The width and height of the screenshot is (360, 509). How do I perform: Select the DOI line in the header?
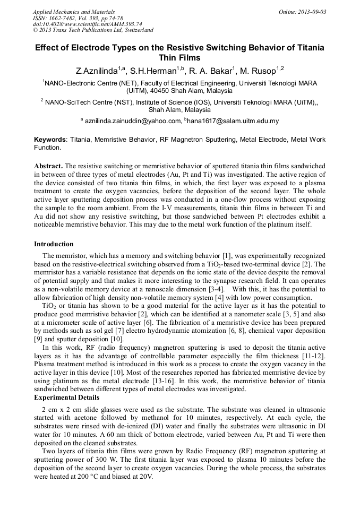pyautogui.click(x=87, y=24)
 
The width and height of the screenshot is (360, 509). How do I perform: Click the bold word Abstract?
pyautogui.click(x=49, y=166)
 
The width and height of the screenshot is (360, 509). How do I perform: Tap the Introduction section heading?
pyautogui.click(x=54, y=244)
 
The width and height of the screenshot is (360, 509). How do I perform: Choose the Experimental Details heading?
pyautogui.click(x=66, y=397)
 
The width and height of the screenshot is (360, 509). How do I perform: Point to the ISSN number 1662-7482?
pyautogui.click(x=66, y=18)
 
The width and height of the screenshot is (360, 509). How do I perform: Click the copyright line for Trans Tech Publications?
pyautogui.click(x=93, y=30)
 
